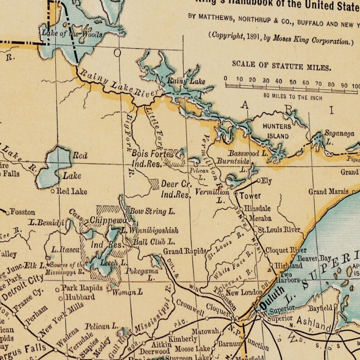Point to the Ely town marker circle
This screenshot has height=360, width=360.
[259, 181]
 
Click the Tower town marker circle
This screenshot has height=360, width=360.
[236, 194]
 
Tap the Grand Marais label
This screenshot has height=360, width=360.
[328, 192]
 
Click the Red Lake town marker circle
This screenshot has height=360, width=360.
[53, 191]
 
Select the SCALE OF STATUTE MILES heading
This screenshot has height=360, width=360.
[281, 65]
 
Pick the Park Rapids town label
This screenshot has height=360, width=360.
[78, 288]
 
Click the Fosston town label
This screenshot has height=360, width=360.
[22, 212]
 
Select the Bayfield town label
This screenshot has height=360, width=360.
[321, 308]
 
